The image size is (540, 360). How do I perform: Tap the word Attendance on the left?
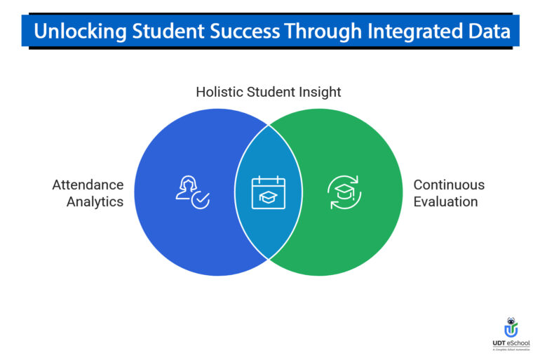[x=88, y=185]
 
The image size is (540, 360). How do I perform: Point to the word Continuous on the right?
[x=449, y=185]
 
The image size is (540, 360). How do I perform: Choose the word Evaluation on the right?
[x=445, y=202]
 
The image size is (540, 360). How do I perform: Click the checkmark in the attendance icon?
[x=201, y=200]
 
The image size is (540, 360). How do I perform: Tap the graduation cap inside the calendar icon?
[x=269, y=197]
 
